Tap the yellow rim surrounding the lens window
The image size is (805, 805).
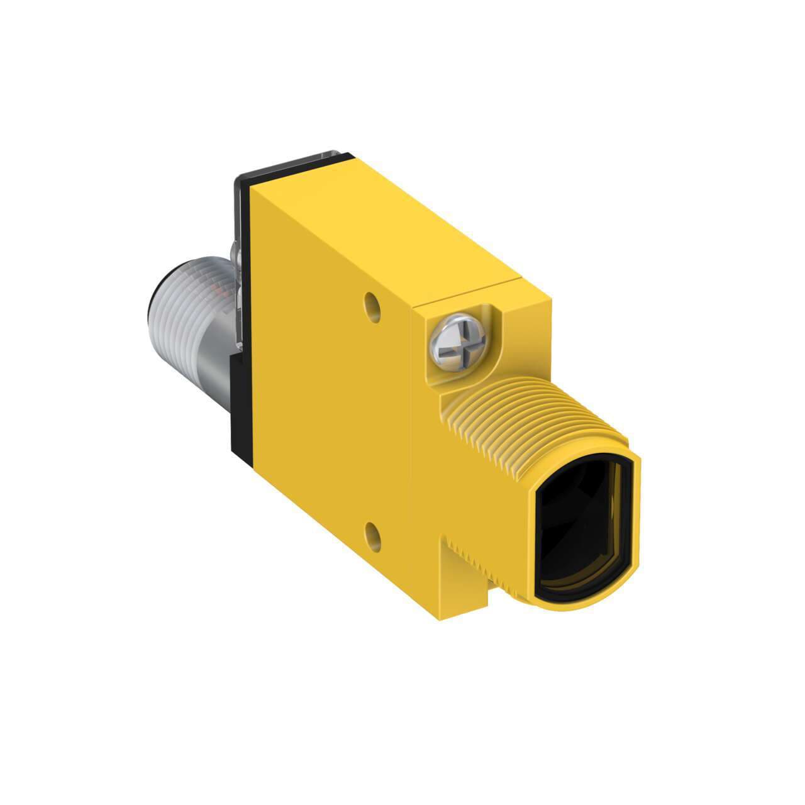tap(635, 503)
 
